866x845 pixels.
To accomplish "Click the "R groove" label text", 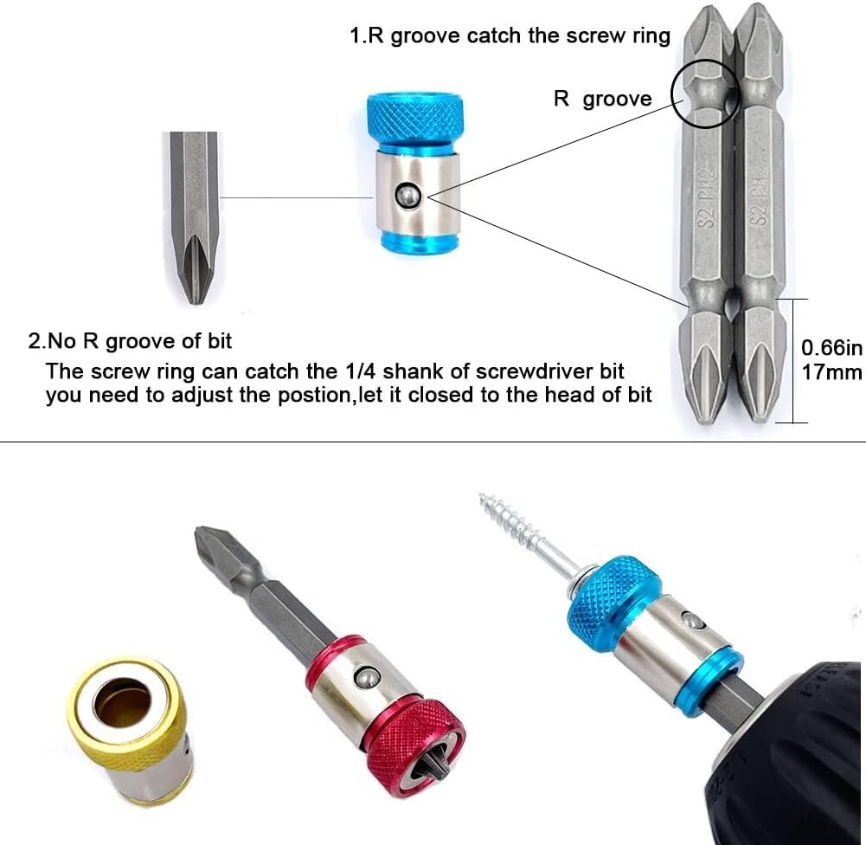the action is click(602, 99).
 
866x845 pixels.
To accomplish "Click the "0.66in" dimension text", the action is click(831, 348).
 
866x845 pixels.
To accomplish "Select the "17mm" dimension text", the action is click(831, 372).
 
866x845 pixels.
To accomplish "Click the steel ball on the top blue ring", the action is click(409, 196).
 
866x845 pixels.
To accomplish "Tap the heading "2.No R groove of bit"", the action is click(131, 341).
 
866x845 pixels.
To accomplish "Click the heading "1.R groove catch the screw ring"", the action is click(510, 35).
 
